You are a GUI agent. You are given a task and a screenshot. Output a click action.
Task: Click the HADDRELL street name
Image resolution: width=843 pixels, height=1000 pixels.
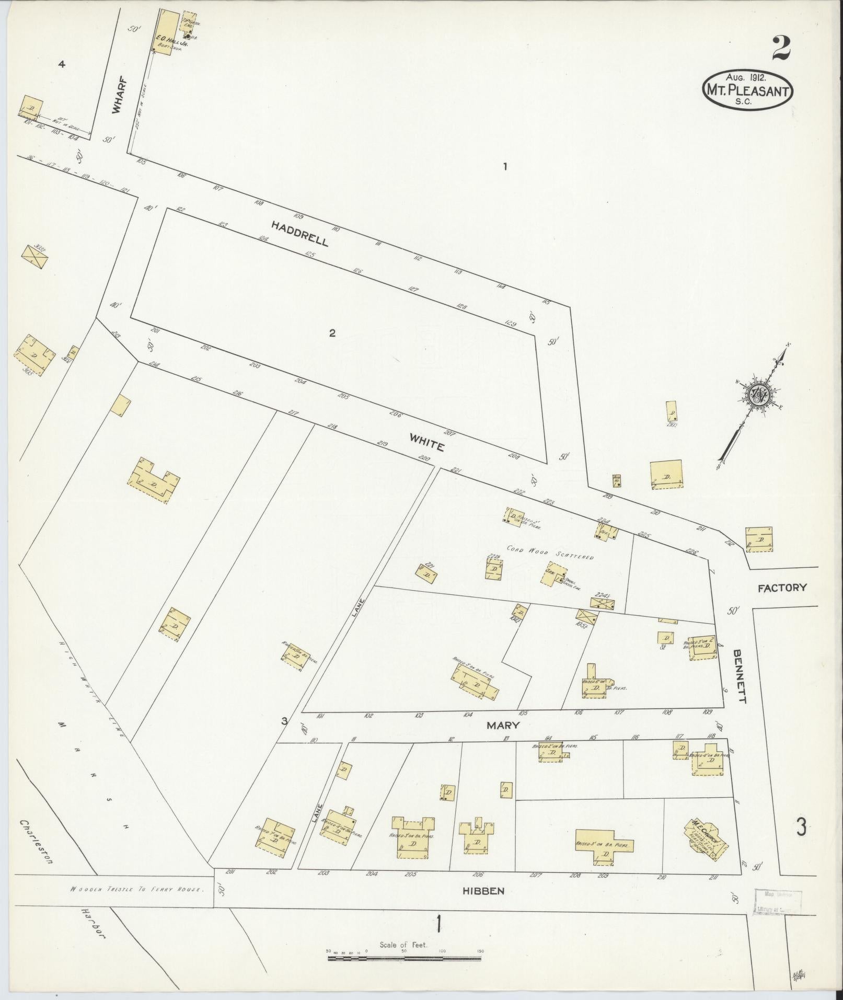[x=300, y=233]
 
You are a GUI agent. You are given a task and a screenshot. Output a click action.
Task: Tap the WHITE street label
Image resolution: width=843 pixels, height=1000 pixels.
[x=427, y=445]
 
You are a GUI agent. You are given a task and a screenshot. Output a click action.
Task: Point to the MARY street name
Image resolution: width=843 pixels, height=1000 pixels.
[x=503, y=725]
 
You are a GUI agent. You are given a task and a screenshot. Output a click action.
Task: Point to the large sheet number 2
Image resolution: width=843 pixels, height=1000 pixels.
[x=780, y=48]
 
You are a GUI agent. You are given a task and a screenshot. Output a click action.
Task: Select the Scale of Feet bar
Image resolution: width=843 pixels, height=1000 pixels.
[x=403, y=958]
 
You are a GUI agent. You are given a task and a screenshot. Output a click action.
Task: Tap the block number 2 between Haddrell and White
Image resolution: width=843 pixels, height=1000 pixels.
[x=332, y=333]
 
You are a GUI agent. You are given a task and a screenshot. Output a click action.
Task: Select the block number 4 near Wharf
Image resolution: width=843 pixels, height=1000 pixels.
[x=62, y=64]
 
